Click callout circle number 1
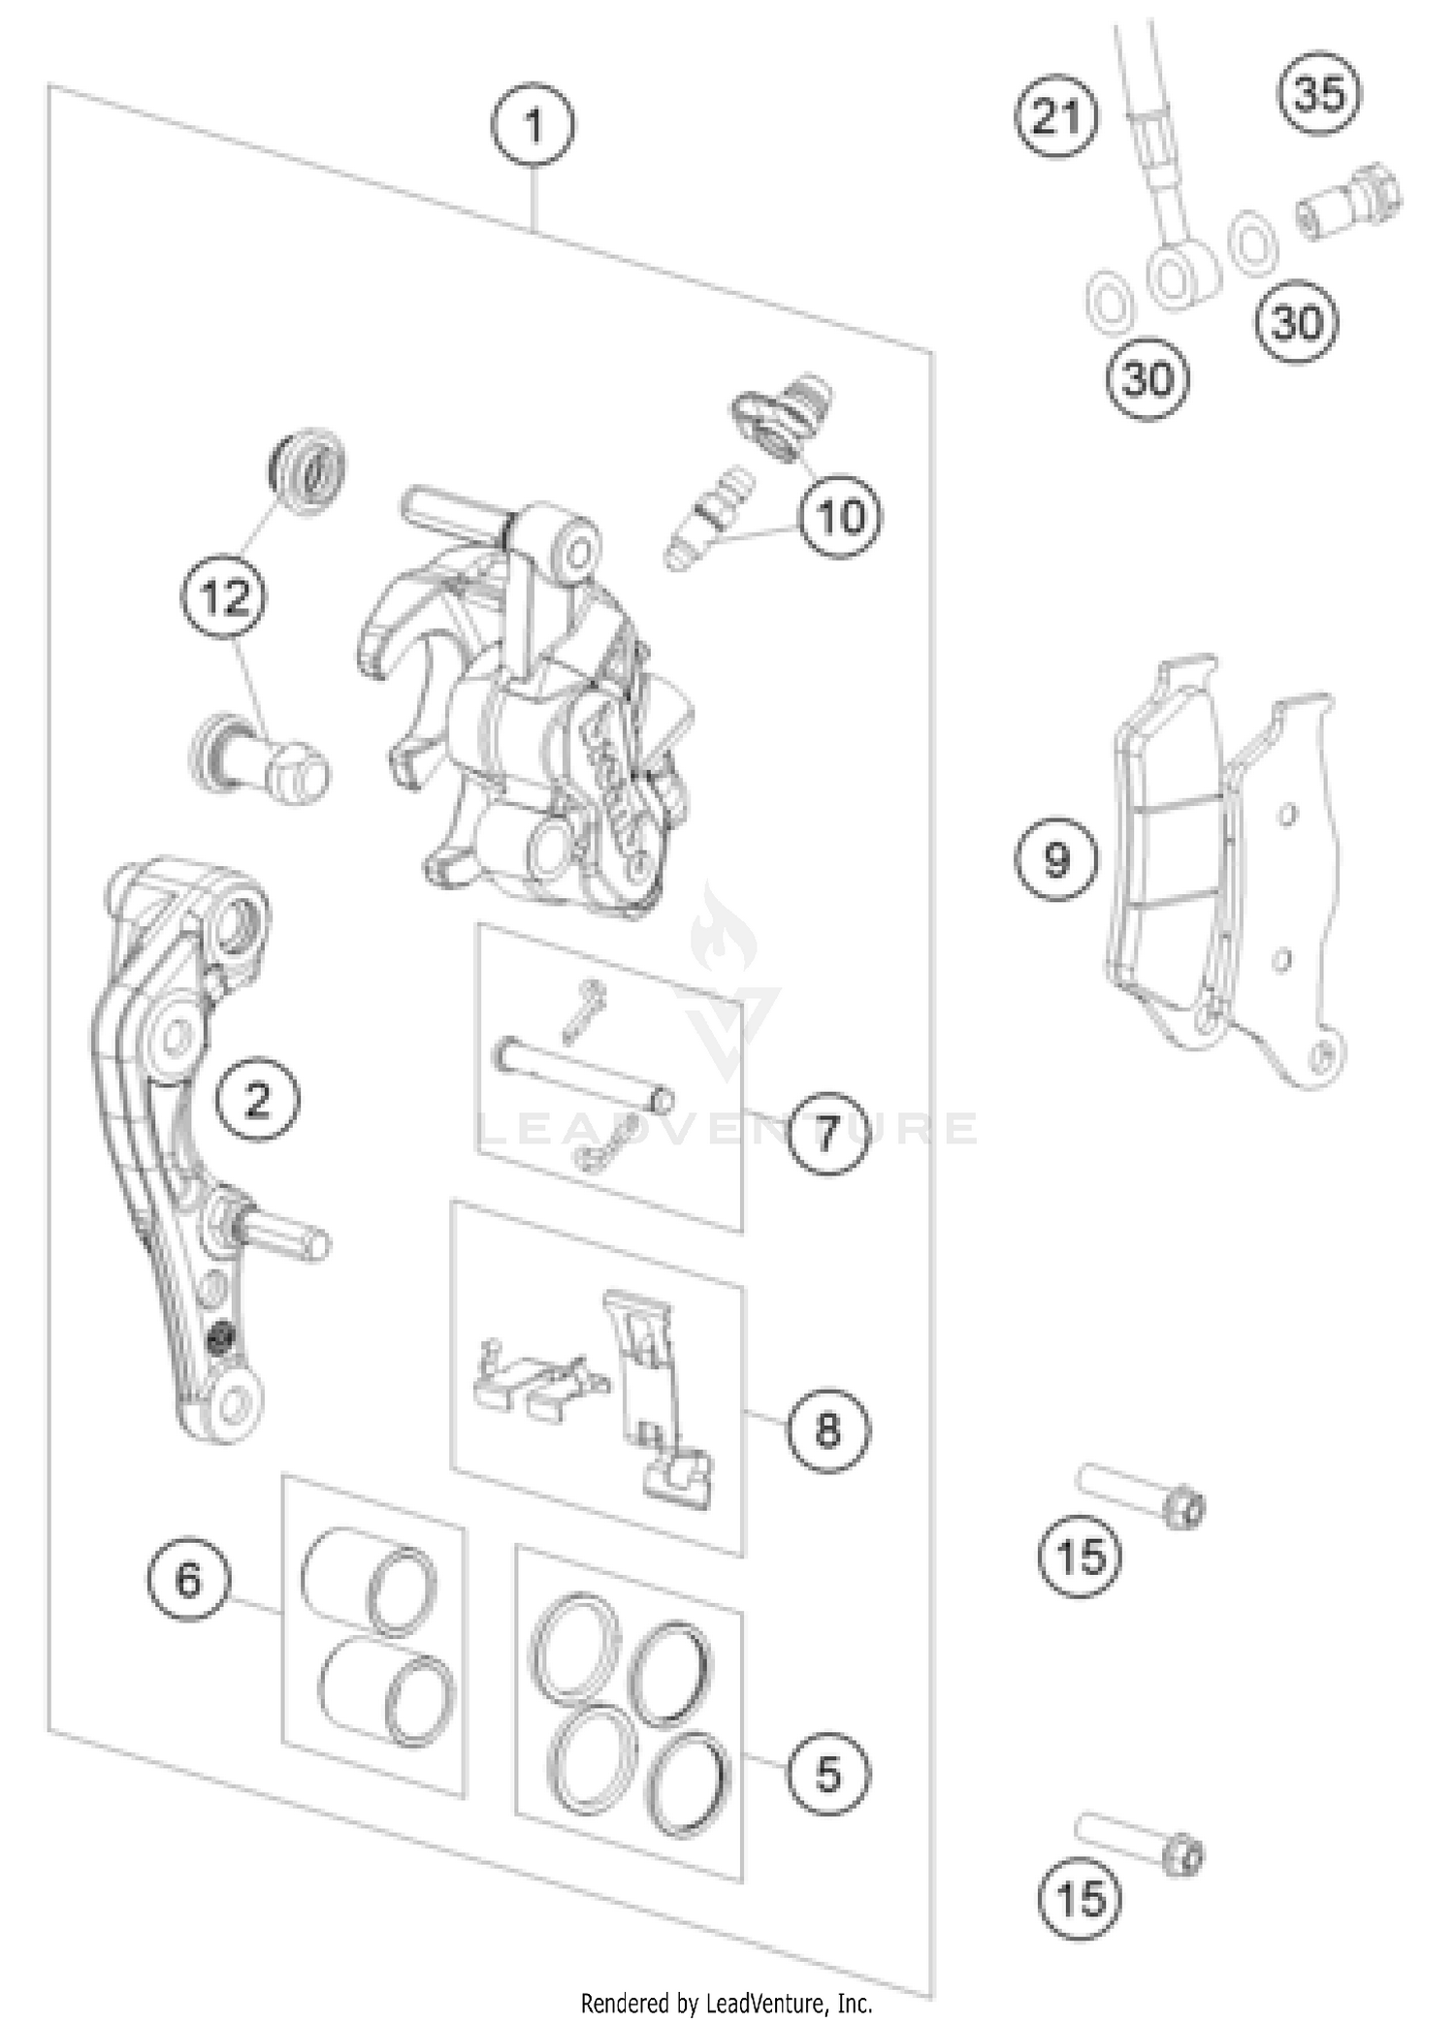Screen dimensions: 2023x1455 coord(533,126)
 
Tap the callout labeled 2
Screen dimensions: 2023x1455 coord(257,1100)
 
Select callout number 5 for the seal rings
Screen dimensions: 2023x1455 coord(827,1774)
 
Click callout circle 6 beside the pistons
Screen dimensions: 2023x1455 coord(188,1580)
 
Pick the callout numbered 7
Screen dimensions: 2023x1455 coord(827,1132)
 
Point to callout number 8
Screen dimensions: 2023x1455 coord(827,1428)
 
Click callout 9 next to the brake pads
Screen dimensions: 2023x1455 coord(1056,859)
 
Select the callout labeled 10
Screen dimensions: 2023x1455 coord(840,517)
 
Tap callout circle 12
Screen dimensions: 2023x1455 coord(226,596)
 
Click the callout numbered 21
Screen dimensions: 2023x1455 coord(1056,117)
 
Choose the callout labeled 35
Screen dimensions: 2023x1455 coord(1320,94)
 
